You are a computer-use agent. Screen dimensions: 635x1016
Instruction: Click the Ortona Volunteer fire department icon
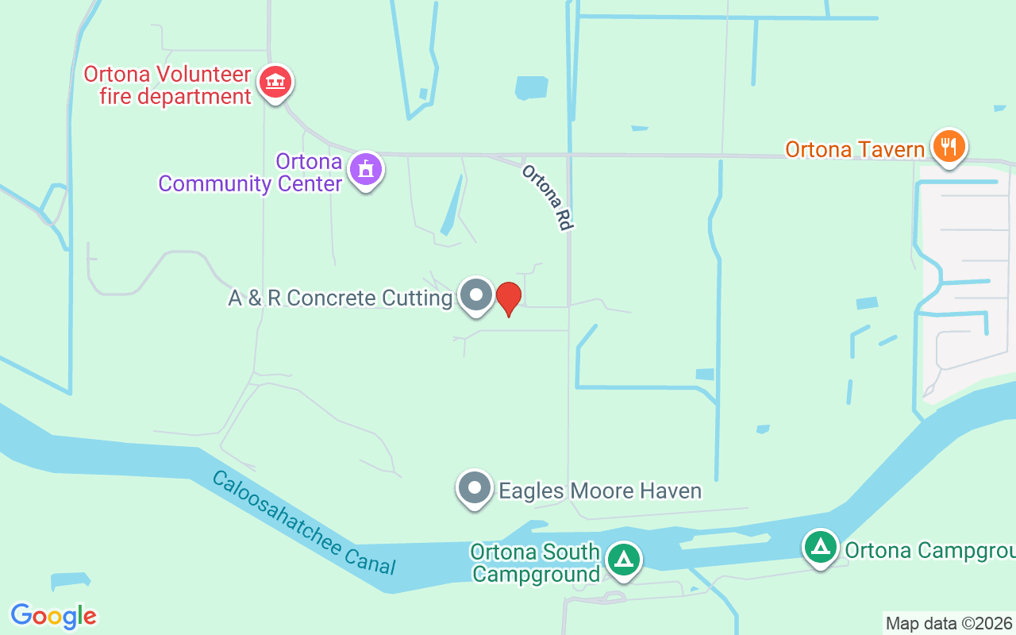275,81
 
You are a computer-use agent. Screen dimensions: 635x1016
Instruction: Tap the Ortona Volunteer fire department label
167,86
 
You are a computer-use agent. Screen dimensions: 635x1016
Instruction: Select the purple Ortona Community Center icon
366,169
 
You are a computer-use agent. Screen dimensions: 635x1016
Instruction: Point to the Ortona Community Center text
250,173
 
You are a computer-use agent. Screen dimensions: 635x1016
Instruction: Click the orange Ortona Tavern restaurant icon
949,146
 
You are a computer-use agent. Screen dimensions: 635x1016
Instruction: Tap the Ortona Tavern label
855,149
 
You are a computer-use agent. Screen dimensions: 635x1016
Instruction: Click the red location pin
508,298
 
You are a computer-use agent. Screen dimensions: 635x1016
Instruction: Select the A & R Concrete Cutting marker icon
476,295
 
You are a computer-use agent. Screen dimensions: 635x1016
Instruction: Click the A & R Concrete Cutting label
340,298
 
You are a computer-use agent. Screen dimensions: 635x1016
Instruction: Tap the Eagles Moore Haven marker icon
475,487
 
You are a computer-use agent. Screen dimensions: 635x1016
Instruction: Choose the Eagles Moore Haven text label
600,491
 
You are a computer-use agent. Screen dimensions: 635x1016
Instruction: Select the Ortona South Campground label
535,562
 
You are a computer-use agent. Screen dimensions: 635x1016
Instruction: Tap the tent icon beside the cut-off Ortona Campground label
820,547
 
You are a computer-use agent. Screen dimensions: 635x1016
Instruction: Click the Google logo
54,615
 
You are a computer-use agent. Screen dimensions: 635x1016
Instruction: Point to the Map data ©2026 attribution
949,623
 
